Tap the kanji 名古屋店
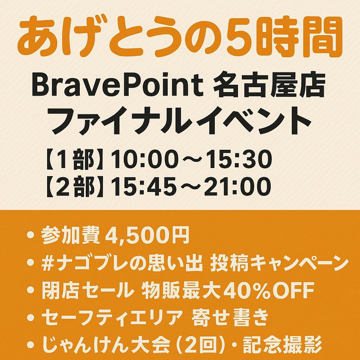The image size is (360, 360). (269, 85)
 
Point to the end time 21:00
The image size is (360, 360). (238, 186)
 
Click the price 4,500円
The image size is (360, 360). (147, 235)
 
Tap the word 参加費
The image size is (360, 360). (70, 235)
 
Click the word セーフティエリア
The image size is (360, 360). (112, 317)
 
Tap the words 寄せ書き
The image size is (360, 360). (230, 317)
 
